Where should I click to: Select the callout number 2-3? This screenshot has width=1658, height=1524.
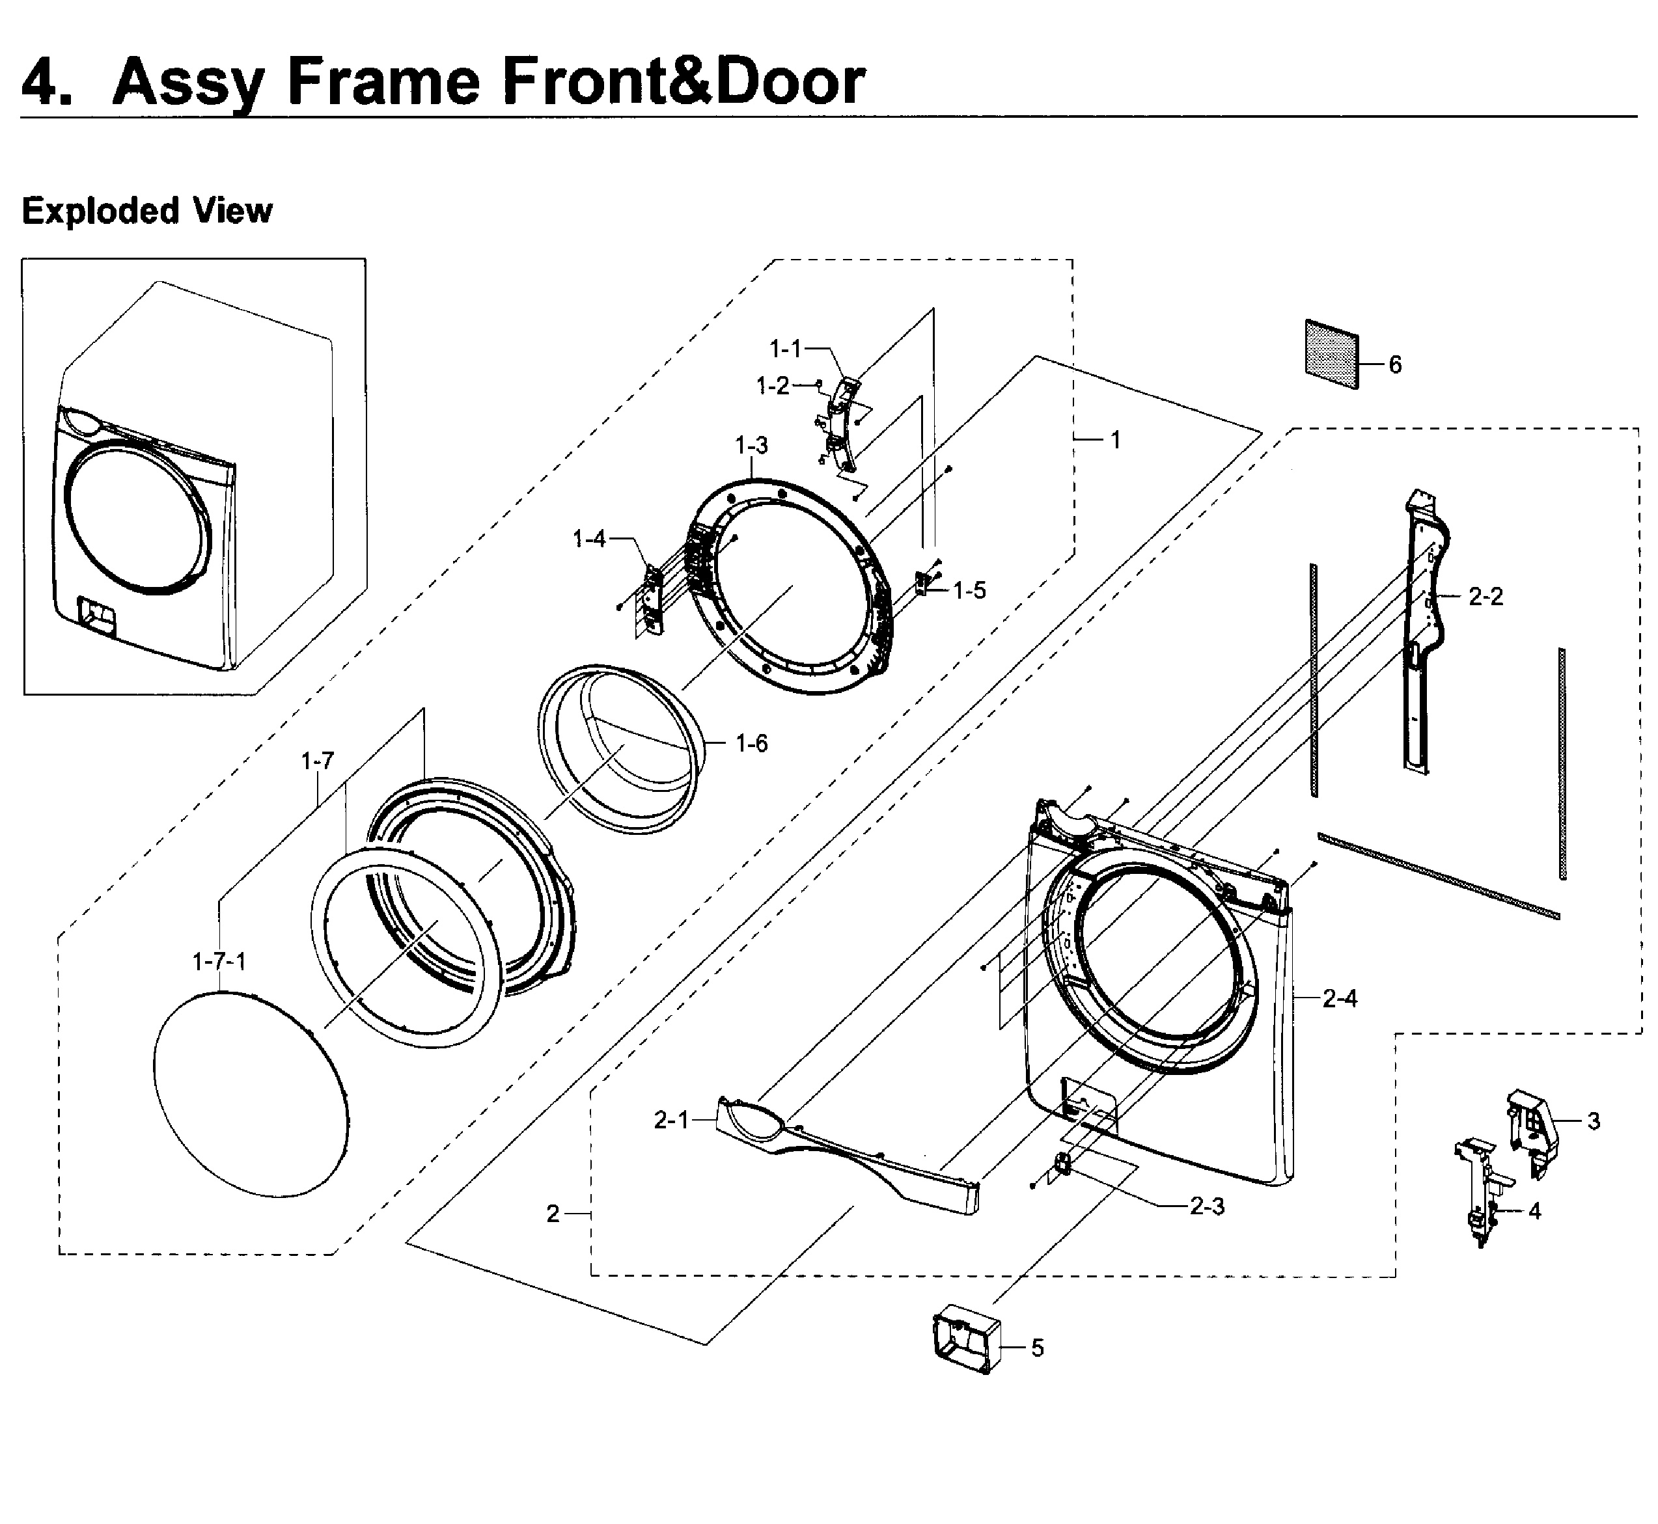click(1207, 1206)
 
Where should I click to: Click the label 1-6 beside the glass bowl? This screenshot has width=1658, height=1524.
click(751, 744)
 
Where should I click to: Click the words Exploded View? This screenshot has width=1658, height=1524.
click(147, 211)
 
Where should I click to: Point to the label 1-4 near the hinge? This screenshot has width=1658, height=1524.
click(589, 539)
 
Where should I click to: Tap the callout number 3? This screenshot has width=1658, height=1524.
click(1594, 1122)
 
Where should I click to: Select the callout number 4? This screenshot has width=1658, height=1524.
click(1534, 1210)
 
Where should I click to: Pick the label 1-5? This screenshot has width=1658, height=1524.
click(969, 590)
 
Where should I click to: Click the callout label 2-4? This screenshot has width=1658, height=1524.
click(1340, 999)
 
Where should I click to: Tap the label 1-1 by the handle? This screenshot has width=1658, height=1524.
click(784, 349)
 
